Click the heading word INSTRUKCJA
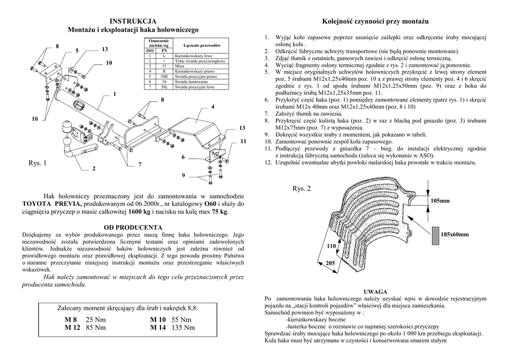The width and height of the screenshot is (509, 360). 133,21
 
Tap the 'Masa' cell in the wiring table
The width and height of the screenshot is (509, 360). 179,66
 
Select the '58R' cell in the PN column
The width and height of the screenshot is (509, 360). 164,77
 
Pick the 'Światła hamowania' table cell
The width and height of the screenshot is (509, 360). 191,82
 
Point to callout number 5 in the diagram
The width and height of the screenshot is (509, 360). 77,51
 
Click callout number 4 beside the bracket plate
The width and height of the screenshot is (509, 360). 212,107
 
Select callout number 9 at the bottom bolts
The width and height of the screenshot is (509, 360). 183,176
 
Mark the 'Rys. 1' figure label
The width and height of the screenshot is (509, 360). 37,163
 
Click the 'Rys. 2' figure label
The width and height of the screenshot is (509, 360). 301,188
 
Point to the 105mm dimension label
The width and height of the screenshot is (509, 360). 440,201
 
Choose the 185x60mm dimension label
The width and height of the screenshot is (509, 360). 455,234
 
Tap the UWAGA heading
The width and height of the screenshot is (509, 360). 375,291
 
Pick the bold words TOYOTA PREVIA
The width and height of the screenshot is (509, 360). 53,204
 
